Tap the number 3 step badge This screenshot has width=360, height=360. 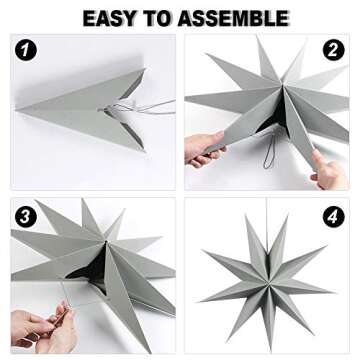pos(27,216)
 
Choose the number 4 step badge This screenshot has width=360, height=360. pos(333,217)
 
